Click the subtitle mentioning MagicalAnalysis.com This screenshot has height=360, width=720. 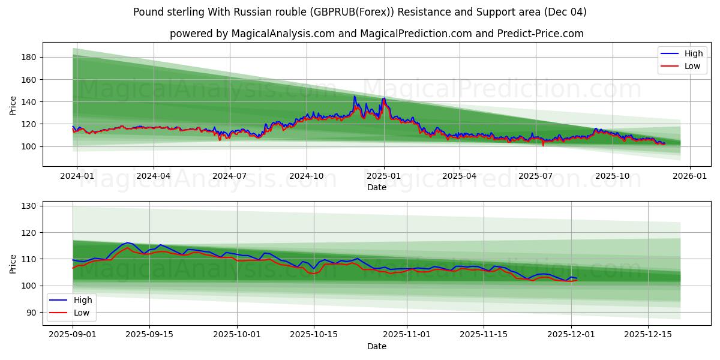(x=377, y=34)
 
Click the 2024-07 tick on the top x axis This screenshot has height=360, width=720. (x=230, y=176)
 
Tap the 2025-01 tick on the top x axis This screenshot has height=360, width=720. (x=384, y=176)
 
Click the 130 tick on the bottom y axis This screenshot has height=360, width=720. (x=30, y=206)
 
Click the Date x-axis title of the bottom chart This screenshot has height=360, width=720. (x=377, y=347)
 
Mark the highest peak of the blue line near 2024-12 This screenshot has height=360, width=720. (x=355, y=96)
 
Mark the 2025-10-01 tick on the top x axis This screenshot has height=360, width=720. (x=613, y=176)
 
